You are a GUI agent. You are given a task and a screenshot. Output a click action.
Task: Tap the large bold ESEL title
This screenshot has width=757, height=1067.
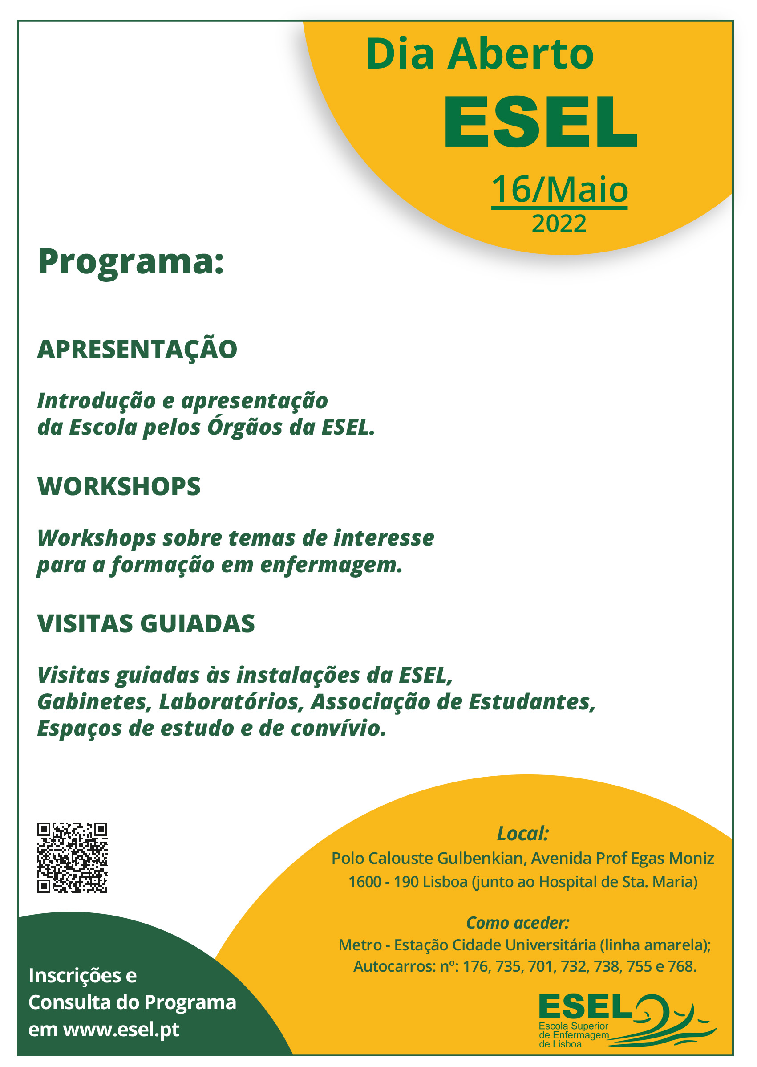[x=541, y=122]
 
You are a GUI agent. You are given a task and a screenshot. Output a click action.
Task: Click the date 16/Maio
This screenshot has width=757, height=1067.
[x=559, y=189]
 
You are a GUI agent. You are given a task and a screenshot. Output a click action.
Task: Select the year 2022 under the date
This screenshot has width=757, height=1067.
[x=559, y=224]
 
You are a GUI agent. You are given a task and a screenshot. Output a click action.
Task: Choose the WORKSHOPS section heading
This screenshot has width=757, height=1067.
[x=119, y=486]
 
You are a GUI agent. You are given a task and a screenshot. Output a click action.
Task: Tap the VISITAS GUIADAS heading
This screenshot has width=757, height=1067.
[x=146, y=623]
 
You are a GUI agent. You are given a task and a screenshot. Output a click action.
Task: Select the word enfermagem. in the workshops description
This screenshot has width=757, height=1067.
[x=331, y=565]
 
